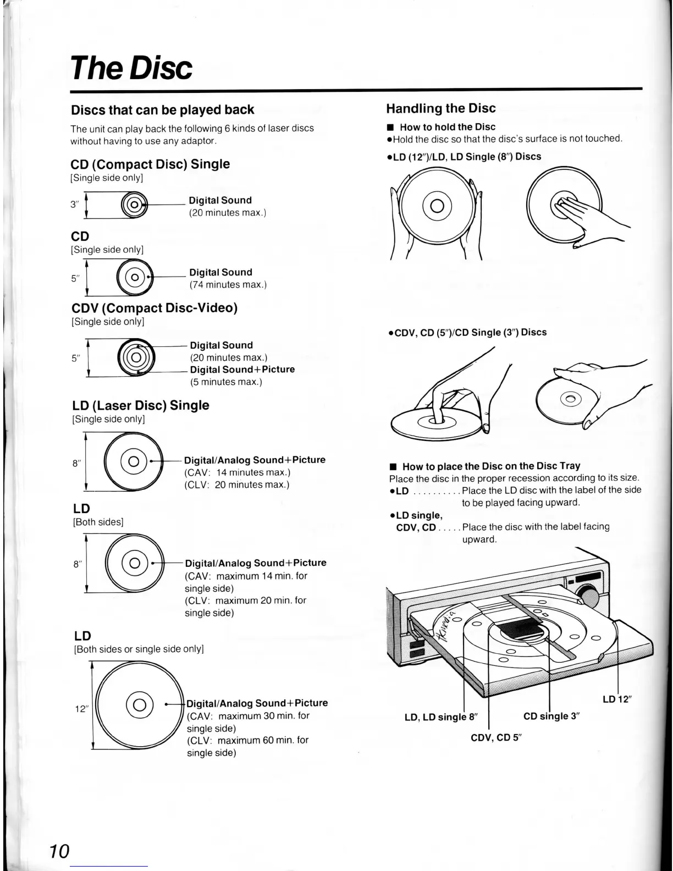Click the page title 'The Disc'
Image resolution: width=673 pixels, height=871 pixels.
(x=132, y=68)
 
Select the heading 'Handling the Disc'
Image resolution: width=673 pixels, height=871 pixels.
(x=440, y=108)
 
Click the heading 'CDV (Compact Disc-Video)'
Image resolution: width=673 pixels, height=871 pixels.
(x=155, y=308)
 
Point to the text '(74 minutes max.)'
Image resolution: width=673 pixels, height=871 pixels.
(x=228, y=285)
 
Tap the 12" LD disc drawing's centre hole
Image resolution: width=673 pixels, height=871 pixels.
(x=140, y=704)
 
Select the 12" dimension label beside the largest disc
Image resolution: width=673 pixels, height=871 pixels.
(x=81, y=709)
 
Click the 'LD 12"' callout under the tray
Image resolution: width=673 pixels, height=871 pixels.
(x=616, y=699)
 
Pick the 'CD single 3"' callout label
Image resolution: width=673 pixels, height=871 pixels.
(x=551, y=716)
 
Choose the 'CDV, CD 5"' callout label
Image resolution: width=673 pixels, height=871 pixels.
(x=495, y=737)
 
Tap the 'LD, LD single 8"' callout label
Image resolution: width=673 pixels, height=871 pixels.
(x=441, y=717)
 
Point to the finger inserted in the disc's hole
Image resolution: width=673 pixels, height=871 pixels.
(x=435, y=406)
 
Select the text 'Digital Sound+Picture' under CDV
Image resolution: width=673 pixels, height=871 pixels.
(x=242, y=370)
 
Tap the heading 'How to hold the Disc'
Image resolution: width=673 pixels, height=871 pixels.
(x=448, y=127)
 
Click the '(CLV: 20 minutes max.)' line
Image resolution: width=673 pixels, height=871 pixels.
(x=236, y=485)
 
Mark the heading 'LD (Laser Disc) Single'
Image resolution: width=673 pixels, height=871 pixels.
(x=141, y=405)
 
